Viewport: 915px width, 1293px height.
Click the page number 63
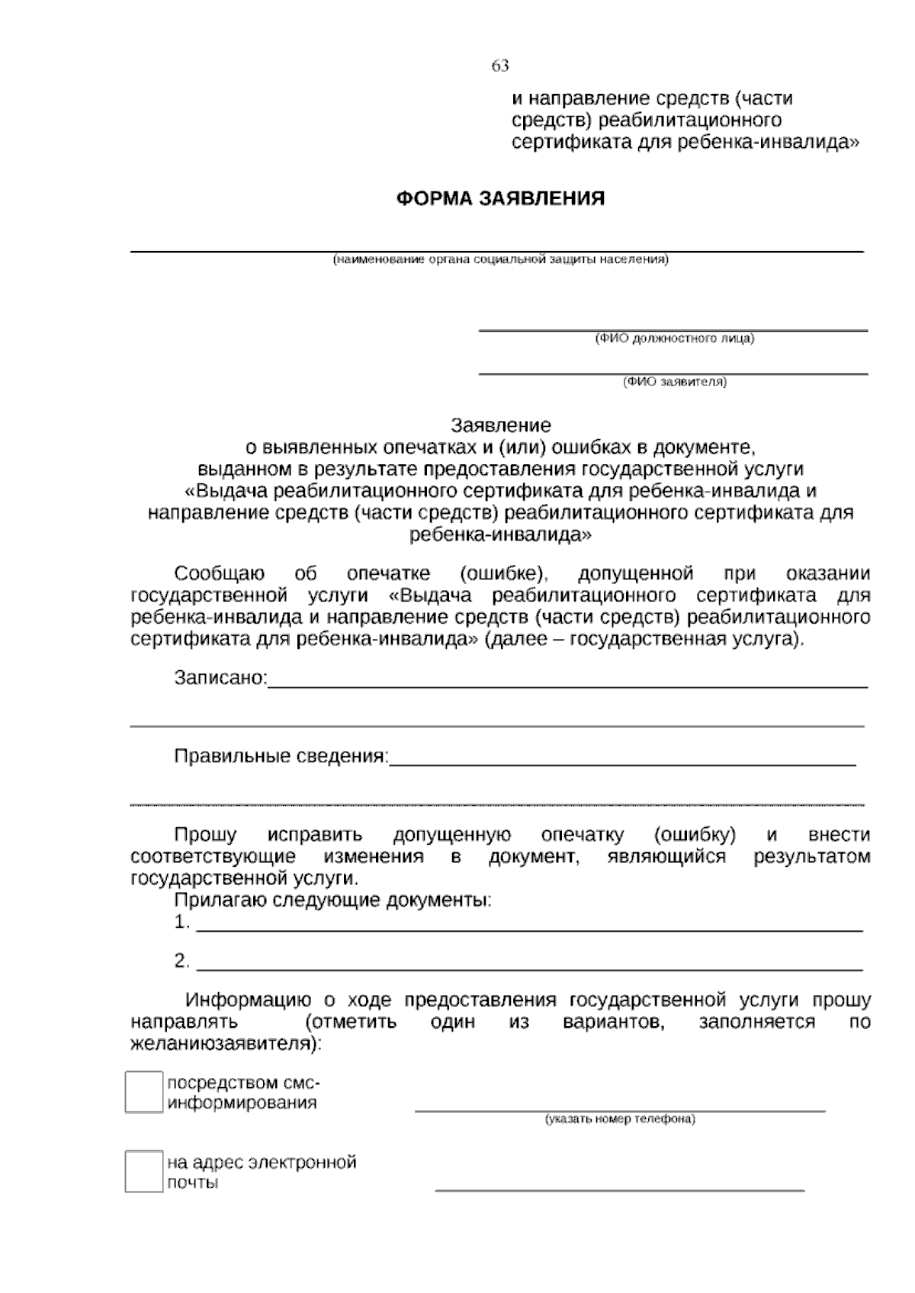click(500, 66)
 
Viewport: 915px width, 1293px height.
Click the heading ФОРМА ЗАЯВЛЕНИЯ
click(500, 199)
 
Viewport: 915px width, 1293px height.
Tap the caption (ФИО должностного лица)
click(674, 338)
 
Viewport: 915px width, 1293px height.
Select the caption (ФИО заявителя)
click(675, 382)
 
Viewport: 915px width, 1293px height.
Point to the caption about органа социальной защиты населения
click(499, 260)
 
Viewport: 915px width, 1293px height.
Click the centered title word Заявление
click(500, 425)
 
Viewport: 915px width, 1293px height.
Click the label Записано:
click(221, 678)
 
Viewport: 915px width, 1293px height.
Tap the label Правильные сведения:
click(281, 756)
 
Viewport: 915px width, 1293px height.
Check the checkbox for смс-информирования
click(143, 1092)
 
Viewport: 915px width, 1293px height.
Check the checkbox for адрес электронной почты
click(143, 1171)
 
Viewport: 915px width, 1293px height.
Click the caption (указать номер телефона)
click(620, 1120)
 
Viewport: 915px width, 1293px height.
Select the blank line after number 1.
click(529, 929)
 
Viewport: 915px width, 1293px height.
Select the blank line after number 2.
click(529, 968)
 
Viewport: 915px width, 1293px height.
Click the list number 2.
click(181, 961)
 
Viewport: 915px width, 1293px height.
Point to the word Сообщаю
click(220, 573)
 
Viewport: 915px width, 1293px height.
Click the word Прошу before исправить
click(205, 835)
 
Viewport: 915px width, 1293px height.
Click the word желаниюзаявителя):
click(226, 1044)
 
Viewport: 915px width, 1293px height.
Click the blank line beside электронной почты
click(619, 1189)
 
